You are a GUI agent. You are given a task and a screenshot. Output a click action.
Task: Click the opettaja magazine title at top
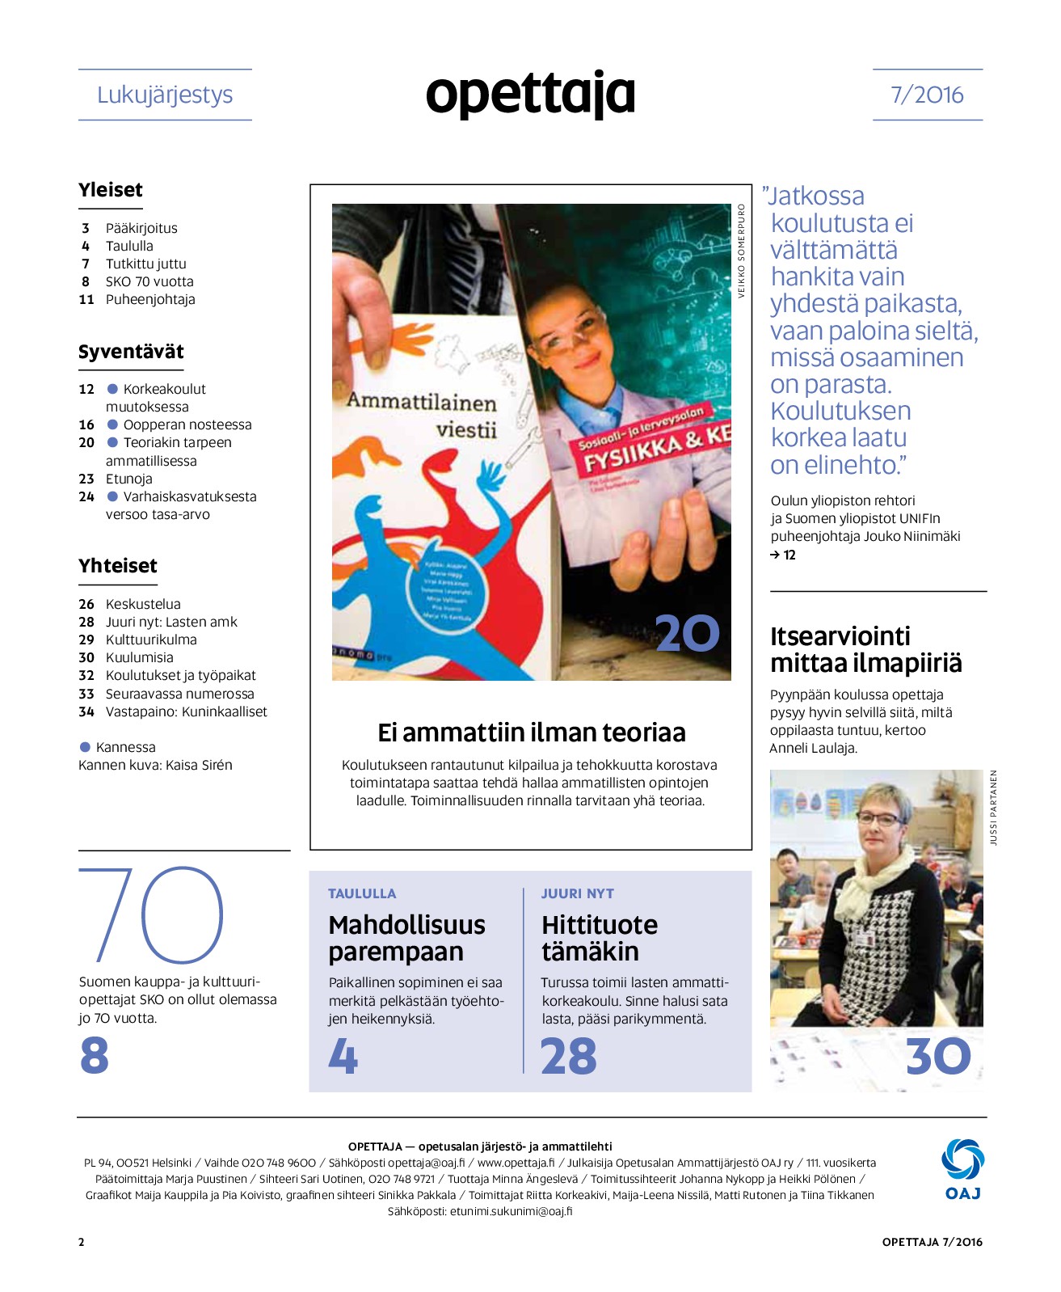click(530, 95)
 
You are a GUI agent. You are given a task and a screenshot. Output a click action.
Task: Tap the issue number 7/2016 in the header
click(927, 95)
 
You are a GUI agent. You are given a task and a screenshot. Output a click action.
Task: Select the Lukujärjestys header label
click(165, 95)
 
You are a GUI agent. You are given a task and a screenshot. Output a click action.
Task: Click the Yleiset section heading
click(111, 190)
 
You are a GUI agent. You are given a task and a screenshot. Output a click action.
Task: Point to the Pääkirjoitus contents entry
click(141, 228)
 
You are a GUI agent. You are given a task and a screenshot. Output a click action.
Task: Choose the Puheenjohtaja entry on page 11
click(150, 299)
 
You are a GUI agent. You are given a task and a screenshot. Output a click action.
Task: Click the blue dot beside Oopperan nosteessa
click(113, 424)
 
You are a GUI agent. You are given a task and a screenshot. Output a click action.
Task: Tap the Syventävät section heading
click(131, 352)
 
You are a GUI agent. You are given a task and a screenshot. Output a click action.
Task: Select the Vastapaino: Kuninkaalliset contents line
click(186, 711)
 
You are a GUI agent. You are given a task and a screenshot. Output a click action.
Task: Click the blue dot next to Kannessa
click(85, 747)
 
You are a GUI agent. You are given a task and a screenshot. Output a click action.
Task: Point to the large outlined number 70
click(151, 914)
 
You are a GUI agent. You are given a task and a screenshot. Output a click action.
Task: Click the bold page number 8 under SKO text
click(95, 1055)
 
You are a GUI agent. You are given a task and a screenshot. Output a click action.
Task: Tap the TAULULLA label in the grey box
click(362, 893)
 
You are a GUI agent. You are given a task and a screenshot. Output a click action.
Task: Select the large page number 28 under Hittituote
click(569, 1056)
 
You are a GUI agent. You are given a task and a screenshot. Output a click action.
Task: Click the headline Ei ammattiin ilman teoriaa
click(531, 733)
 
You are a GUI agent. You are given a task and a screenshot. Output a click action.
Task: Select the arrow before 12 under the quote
click(775, 555)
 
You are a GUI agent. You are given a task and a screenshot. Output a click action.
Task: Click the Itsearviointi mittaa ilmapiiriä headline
click(865, 649)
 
